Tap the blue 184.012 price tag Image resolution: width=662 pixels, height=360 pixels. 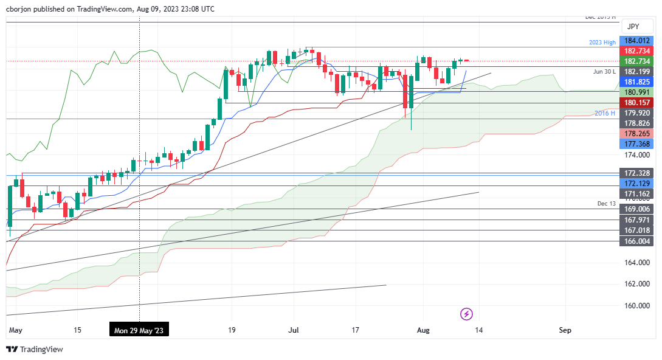(636, 41)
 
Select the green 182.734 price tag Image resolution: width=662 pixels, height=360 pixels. (636, 61)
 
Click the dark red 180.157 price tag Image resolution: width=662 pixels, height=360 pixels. (636, 102)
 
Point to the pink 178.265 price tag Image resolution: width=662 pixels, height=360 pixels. (636, 133)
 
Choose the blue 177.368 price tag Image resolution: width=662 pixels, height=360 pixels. (636, 144)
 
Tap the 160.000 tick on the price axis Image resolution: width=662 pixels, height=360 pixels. (636, 305)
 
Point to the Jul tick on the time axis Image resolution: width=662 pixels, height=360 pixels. (294, 330)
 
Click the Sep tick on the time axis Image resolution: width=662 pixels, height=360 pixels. (565, 330)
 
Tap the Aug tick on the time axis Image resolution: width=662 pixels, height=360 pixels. (424, 330)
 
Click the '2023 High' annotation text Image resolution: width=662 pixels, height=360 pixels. (602, 43)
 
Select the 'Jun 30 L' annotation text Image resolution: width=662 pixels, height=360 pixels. (604, 71)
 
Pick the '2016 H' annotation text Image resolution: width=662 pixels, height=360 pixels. (605, 113)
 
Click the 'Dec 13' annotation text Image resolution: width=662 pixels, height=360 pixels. (607, 202)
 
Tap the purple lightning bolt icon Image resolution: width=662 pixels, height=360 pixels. (466, 314)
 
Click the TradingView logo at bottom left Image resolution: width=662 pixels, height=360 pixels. (35, 349)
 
